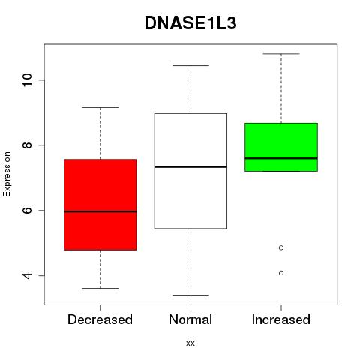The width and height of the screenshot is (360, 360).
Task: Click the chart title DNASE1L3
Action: [x=190, y=23]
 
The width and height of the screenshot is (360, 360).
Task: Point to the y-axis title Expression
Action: [x=7, y=174]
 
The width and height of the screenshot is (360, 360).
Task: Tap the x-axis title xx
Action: [x=190, y=343]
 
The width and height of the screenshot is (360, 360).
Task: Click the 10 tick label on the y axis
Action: [x=27, y=80]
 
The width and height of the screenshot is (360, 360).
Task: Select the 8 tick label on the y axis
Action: [x=27, y=145]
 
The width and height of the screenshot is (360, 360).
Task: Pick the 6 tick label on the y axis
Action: [x=27, y=210]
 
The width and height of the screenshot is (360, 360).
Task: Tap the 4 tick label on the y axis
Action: [x=27, y=275]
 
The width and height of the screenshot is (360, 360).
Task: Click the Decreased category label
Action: [x=100, y=319]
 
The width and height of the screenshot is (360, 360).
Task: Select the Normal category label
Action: [x=190, y=319]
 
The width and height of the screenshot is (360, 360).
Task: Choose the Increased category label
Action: [x=281, y=319]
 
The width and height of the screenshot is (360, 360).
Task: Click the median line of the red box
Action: [x=100, y=211]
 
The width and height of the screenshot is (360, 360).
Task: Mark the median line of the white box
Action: [x=190, y=166]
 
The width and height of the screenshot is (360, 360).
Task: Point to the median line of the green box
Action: [x=281, y=158]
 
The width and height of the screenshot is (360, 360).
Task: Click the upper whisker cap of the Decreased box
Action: [x=100, y=107]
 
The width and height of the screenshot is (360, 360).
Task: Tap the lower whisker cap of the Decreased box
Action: [x=100, y=288]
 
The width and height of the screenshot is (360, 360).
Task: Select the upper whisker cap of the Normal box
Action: [x=190, y=65]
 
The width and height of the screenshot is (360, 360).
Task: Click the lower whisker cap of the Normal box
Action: [x=190, y=295]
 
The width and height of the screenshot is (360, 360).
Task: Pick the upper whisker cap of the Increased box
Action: [x=281, y=54]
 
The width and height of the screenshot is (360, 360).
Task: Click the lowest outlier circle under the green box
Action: [x=281, y=273]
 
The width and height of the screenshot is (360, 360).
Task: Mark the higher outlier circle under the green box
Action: [x=281, y=247]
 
